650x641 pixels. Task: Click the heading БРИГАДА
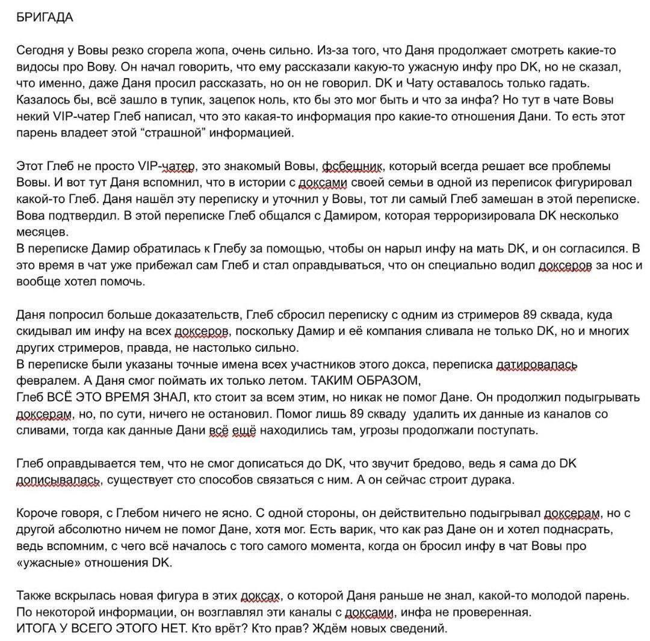pyautogui.click(x=45, y=17)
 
